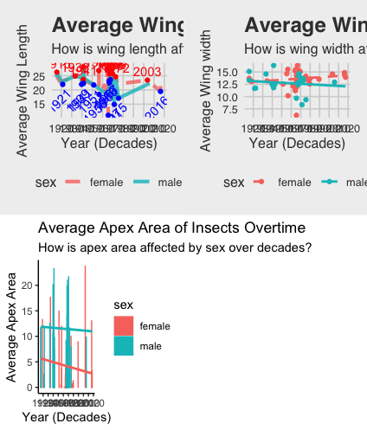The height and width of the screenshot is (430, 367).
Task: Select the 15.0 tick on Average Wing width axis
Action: tap(228, 72)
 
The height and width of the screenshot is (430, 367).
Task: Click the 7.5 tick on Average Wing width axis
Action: tap(230, 111)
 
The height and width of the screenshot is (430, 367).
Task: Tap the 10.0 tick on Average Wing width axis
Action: tap(228, 98)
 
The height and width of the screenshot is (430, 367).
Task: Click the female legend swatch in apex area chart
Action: tap(123, 326)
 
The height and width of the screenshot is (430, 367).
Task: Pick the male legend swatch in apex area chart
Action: tap(123, 346)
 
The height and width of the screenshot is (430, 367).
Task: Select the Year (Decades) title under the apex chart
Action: tap(68, 417)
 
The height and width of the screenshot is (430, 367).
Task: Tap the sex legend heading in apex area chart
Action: tap(123, 305)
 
